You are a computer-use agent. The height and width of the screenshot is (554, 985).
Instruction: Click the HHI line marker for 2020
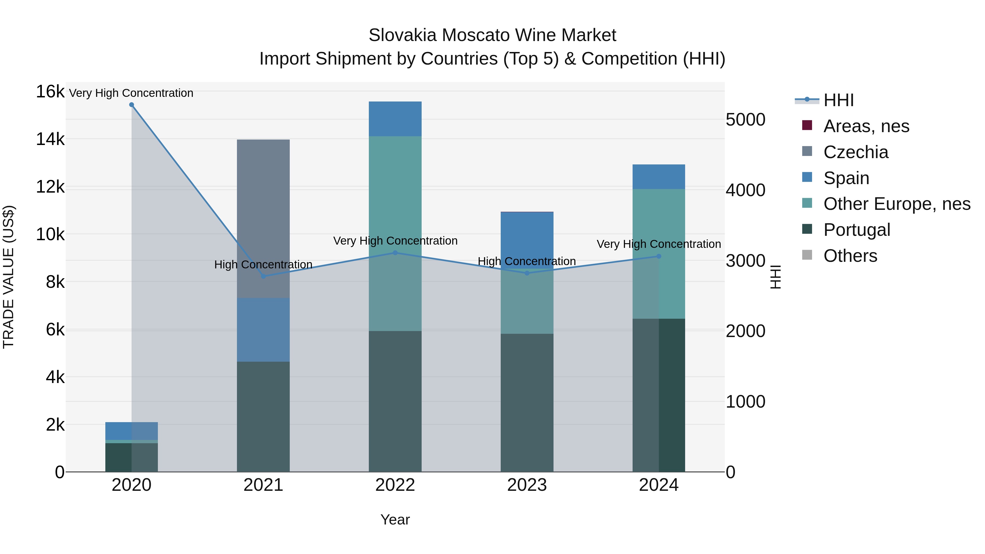pos(132,105)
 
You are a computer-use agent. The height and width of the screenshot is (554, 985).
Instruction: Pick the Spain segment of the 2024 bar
pos(659,177)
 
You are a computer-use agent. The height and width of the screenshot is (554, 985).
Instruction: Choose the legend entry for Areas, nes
pos(866,126)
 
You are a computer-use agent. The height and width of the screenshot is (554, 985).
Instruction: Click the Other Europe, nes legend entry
pos(896,204)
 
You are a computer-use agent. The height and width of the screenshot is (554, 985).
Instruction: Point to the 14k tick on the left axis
pos(50,139)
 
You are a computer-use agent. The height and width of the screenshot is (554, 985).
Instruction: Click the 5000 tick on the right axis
pos(745,120)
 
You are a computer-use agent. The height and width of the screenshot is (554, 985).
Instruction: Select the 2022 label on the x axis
pos(395,485)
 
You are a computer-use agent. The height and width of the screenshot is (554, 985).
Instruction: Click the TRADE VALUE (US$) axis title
pos(8,277)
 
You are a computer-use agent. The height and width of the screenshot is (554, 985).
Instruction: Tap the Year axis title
pos(395,520)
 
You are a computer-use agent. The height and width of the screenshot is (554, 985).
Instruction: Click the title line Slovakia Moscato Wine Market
pos(492,35)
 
